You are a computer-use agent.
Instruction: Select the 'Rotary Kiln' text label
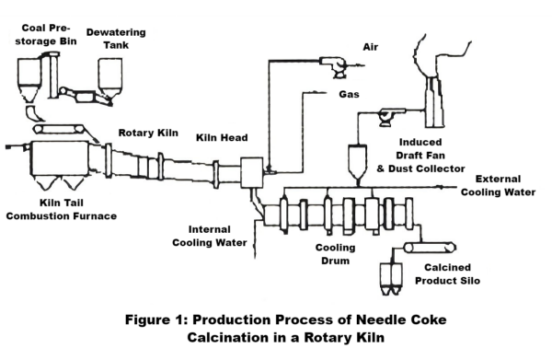[x=144, y=132]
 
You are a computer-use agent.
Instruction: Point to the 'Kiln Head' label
[x=220, y=138]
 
